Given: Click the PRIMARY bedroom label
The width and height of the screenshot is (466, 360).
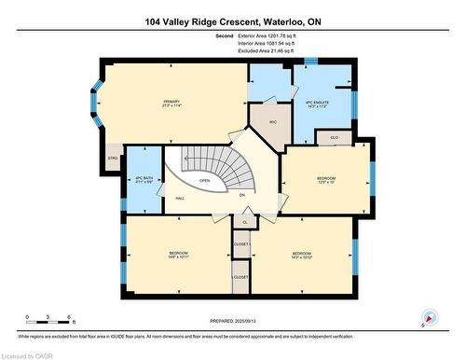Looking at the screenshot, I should point(171,101).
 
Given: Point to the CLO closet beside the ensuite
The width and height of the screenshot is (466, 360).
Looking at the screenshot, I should point(335,137).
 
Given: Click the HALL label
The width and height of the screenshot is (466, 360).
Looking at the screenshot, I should point(178,198).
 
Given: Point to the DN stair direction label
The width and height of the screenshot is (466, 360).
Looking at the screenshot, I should point(241,195).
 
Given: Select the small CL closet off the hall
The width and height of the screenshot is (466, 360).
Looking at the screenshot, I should point(245,222).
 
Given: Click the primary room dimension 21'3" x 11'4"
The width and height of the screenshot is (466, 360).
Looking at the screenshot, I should point(171,106).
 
